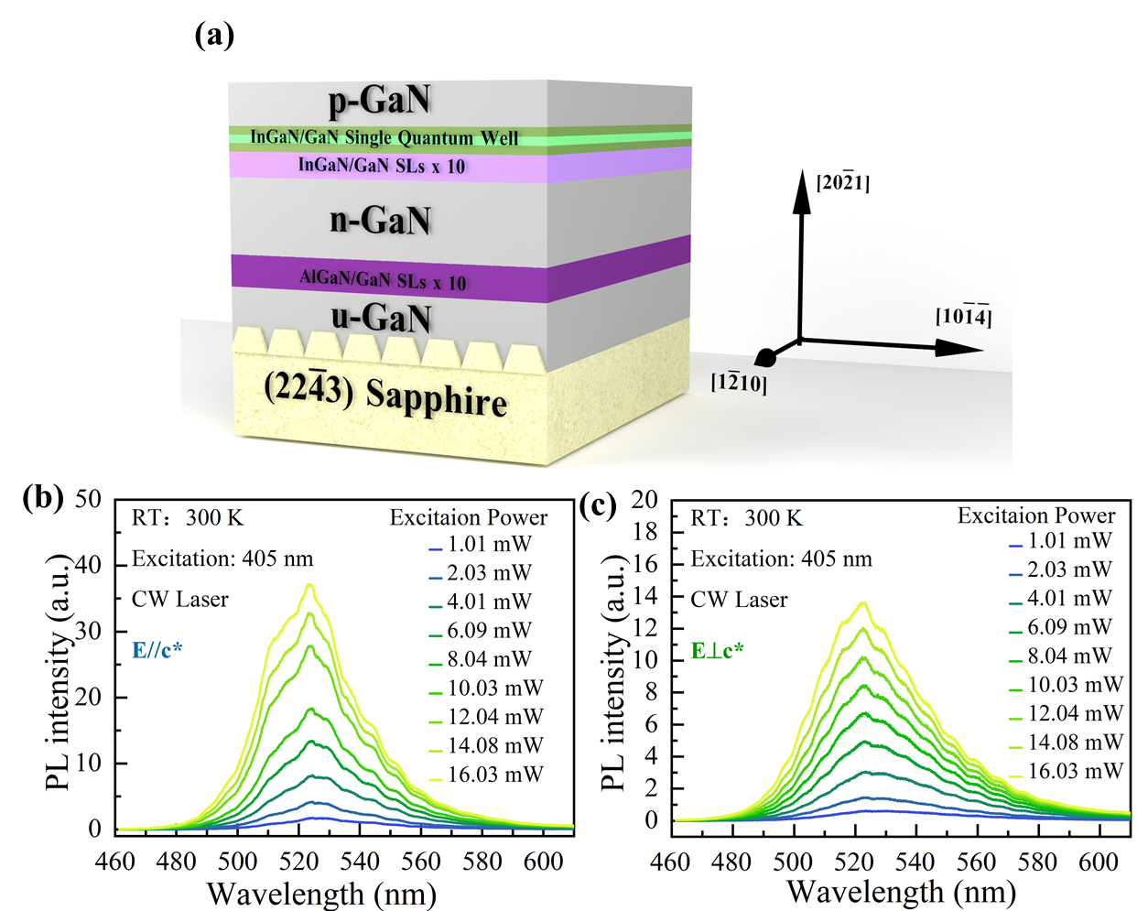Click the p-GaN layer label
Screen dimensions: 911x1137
[x=380, y=101]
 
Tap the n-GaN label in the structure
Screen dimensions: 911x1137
[x=380, y=221]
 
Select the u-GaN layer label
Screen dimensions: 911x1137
[x=381, y=317]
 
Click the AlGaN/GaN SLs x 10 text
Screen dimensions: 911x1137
[x=383, y=279]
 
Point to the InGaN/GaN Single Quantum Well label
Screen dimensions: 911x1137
[x=384, y=138]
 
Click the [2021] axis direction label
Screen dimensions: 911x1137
[x=842, y=182]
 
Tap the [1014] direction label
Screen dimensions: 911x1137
[x=963, y=317]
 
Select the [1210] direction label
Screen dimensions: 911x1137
[x=739, y=383]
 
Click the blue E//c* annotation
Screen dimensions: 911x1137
[x=157, y=650]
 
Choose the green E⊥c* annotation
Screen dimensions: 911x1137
[x=717, y=651]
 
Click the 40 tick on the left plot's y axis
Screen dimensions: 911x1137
[x=89, y=565]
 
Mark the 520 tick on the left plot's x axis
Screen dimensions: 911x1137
[x=298, y=862]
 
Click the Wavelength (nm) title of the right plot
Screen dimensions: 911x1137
[x=901, y=892]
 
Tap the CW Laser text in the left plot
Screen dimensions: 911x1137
[x=180, y=600]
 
